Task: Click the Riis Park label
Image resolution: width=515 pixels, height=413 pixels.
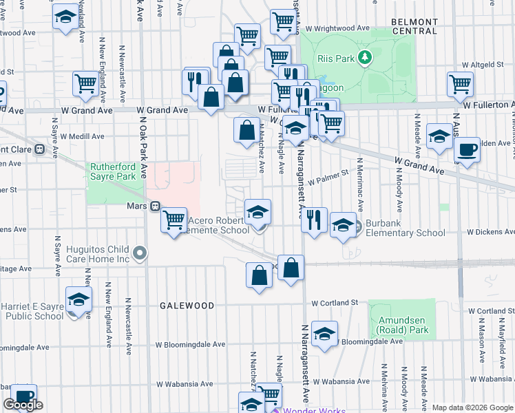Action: pos(336,59)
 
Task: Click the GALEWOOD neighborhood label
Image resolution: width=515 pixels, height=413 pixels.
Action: pos(187,305)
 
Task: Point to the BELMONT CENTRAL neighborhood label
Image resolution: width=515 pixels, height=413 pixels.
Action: pos(414,26)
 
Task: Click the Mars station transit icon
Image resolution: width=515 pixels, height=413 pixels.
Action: pos(156,206)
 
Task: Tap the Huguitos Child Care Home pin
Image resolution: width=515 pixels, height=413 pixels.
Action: pos(140,254)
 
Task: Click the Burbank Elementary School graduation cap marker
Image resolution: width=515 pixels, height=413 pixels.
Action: pos(343,226)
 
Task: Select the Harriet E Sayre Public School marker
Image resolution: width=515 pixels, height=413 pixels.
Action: pos(79,300)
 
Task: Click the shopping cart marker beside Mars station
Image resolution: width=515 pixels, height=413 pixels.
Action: pos(174,220)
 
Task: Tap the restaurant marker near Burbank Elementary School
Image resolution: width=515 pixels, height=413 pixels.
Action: pos(314,220)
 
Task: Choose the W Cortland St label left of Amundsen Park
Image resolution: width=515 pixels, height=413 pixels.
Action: pos(335,303)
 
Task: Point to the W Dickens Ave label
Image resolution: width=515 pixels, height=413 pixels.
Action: pos(490,233)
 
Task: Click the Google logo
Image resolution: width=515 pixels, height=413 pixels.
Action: pos(23,405)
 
